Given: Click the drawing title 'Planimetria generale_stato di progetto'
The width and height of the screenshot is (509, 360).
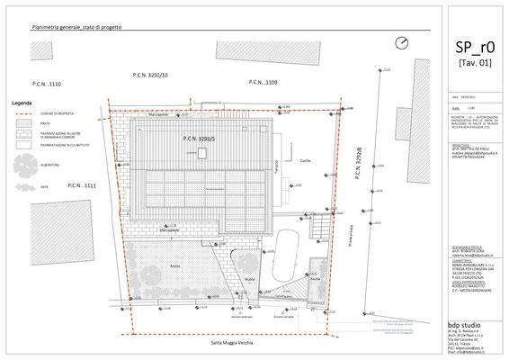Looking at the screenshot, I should point(76,29).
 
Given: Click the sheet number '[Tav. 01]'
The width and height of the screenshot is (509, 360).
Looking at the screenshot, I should point(474,64).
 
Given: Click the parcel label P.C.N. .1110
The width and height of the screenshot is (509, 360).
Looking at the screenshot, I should point(46,84).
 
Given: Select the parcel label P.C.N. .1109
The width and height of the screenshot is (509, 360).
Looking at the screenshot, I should point(263,83).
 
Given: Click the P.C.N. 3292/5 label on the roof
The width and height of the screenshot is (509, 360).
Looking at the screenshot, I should point(197,139).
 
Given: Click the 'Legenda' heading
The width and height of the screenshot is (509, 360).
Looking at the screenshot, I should point(22,103).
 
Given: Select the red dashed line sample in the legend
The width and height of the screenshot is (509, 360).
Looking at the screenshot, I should point(22,114).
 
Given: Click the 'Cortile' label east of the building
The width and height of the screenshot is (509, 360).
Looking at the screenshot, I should point(304,160).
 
